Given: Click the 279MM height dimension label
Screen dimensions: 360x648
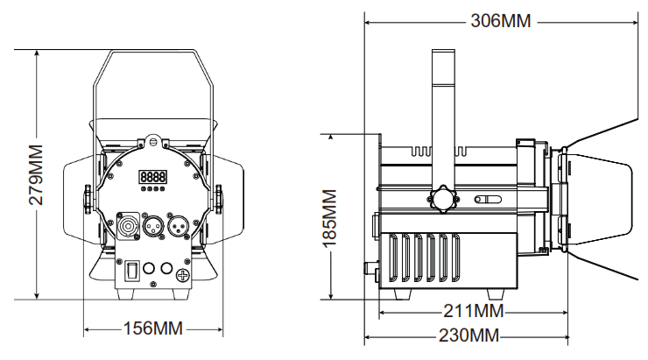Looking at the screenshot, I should pos(36,174).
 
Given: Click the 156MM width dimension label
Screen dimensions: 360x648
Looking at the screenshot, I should pos(152,330).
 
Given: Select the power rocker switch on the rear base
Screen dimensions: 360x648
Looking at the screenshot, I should pos(132,271).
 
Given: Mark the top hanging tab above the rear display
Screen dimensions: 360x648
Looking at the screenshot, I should pos(154,140).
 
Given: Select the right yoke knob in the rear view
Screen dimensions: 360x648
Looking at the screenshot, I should pos(220,198).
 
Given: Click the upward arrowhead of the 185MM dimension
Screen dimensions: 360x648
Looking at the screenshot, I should pos(330,138).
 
